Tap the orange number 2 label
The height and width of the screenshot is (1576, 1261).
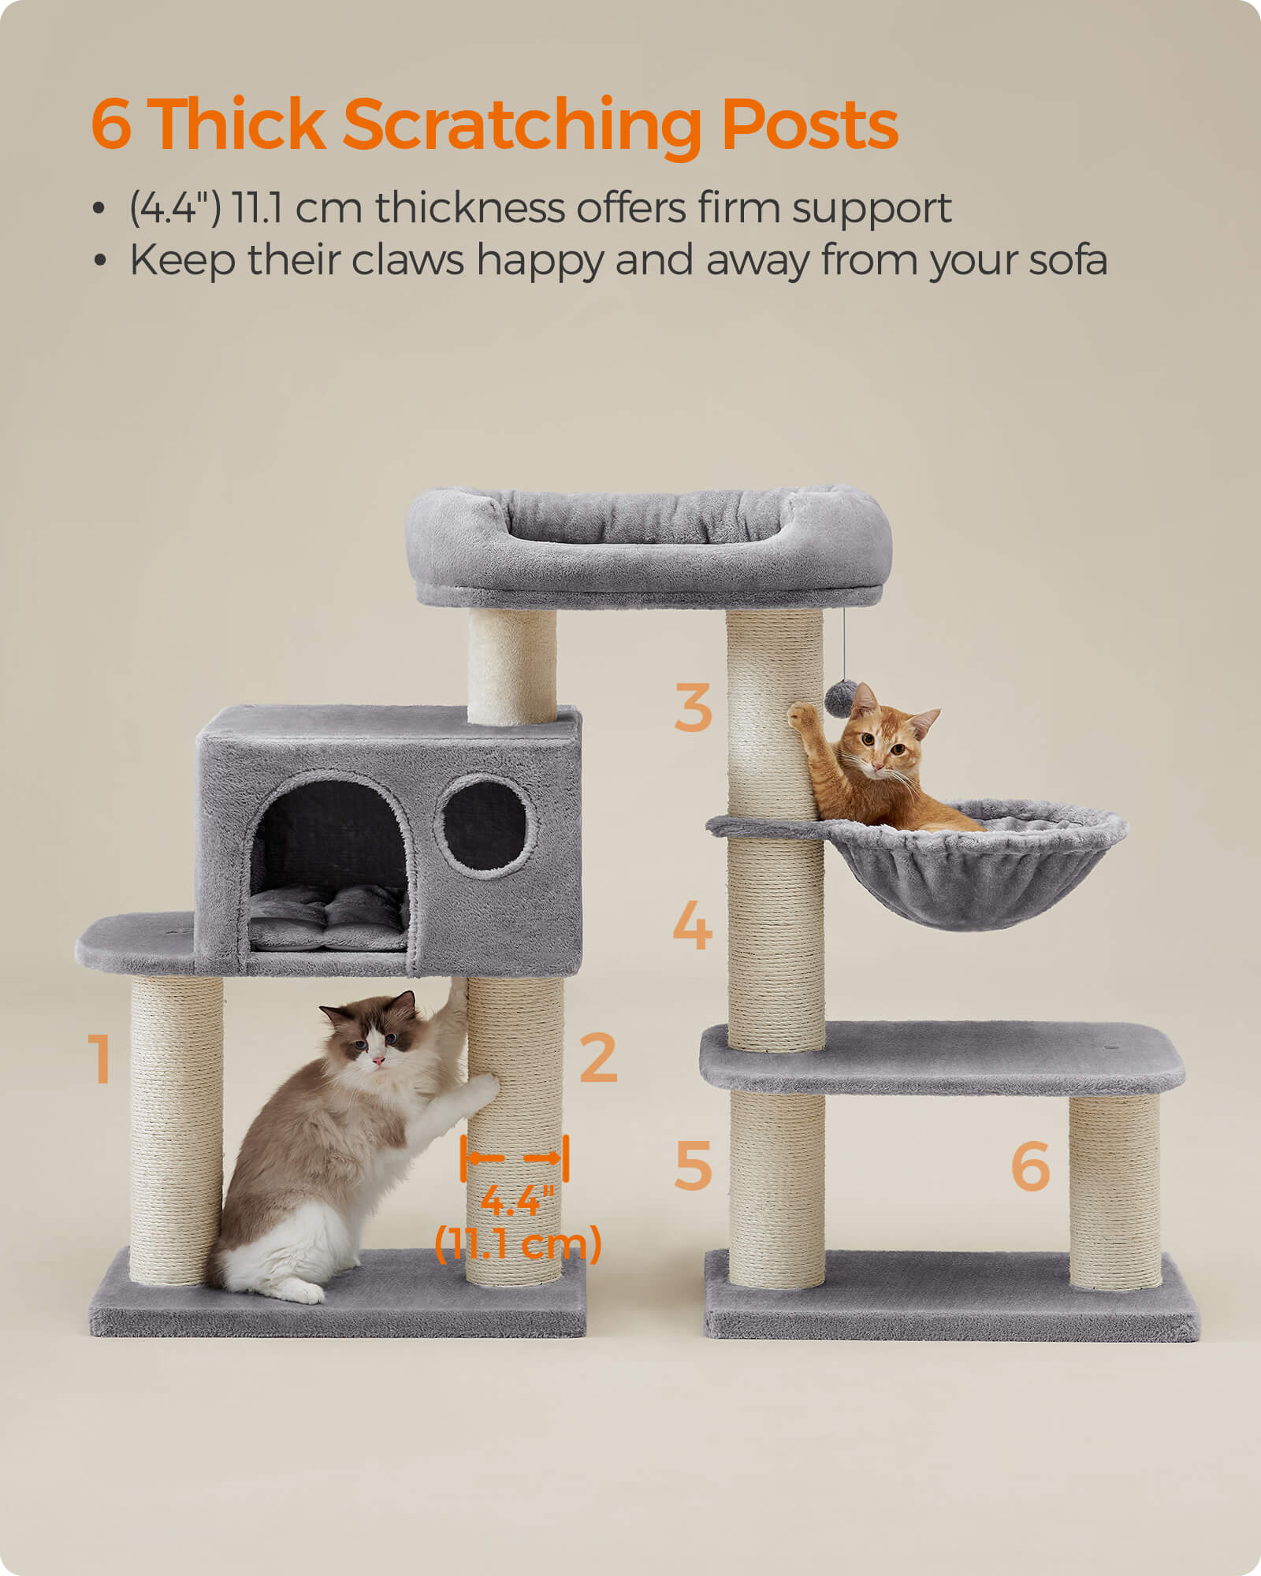click(x=598, y=1057)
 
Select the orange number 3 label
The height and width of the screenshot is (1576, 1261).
click(x=693, y=708)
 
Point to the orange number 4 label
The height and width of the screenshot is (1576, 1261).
click(x=692, y=926)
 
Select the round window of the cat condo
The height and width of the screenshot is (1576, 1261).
click(x=484, y=825)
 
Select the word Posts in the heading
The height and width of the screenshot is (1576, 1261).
click(x=809, y=125)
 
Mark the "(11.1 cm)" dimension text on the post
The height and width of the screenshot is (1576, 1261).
click(x=519, y=1243)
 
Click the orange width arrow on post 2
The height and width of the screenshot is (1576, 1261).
click(x=514, y=1158)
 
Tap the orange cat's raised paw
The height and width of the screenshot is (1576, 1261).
click(x=802, y=716)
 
